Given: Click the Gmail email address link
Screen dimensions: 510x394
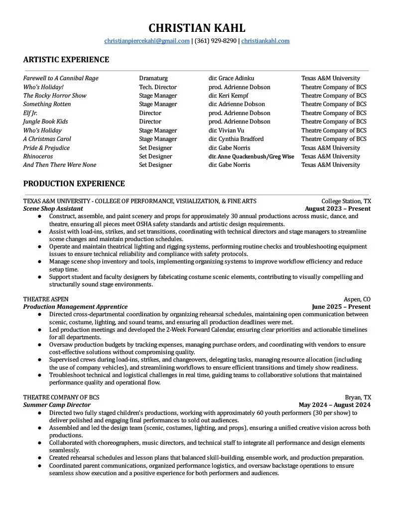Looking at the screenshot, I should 147,41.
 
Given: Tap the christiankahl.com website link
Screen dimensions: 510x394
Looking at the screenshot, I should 265,41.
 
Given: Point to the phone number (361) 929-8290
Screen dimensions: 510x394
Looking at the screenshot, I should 215,41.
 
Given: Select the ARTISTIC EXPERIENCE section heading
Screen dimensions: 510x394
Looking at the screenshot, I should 66,60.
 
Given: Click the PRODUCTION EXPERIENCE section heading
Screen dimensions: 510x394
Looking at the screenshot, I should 74,184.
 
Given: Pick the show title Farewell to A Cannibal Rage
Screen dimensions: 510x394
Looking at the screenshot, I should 61,78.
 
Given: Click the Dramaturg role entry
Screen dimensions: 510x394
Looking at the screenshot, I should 153,78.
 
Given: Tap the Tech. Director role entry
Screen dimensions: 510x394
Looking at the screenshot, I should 158,87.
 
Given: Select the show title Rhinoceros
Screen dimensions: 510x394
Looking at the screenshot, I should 38,156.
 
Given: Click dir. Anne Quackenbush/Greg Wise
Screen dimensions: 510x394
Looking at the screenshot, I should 251,156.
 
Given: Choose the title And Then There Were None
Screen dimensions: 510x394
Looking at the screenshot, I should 60,165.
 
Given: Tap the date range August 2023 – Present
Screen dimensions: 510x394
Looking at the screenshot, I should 337,209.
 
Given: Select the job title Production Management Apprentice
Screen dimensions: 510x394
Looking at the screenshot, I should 75,307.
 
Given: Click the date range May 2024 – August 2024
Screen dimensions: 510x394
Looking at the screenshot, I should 334,405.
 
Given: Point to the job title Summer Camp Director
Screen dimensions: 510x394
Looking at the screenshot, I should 57,405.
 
